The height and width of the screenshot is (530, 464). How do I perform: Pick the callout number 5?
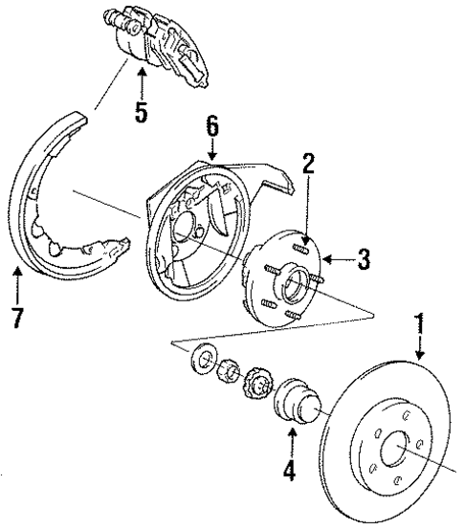click(x=141, y=112)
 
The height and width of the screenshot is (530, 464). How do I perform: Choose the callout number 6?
click(x=212, y=124)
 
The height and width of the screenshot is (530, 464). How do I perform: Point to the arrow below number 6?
click(x=212, y=148)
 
